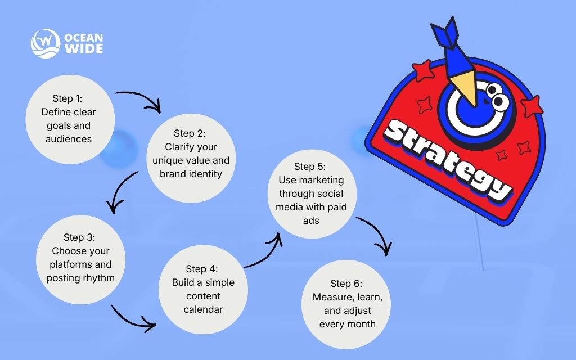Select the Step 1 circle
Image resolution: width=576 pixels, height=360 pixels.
[x=70, y=118]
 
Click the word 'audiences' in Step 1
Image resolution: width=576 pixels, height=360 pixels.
[x=69, y=139]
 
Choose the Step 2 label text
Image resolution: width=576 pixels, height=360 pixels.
[x=190, y=133]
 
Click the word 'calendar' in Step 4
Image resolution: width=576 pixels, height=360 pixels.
[x=203, y=309]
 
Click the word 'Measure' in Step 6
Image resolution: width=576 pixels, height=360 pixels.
[x=330, y=297]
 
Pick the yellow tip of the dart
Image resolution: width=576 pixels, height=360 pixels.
[x=466, y=87]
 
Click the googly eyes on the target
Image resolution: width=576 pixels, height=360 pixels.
[x=496, y=96]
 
